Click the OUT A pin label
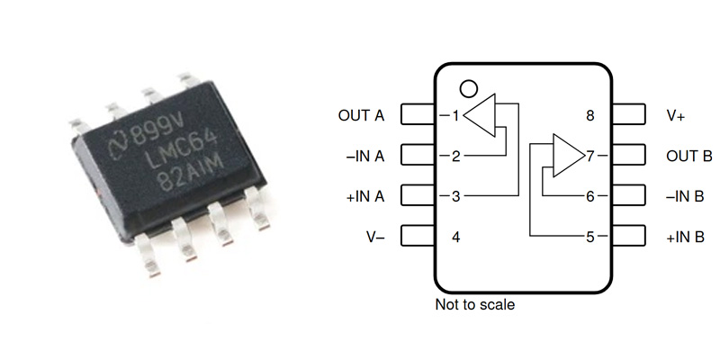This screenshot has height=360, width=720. (x=361, y=116)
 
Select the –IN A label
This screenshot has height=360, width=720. (x=364, y=157)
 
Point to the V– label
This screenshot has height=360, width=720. (x=373, y=238)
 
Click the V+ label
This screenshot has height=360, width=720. (x=676, y=116)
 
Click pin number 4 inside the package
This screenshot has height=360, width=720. (x=455, y=238)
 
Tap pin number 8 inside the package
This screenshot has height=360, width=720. (x=590, y=116)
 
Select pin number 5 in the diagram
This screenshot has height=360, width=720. (x=590, y=238)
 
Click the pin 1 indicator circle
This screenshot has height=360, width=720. (x=467, y=88)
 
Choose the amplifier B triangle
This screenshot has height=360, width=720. (x=565, y=156)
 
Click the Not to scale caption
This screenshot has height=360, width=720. (x=474, y=305)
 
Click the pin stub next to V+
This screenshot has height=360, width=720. (x=628, y=116)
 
